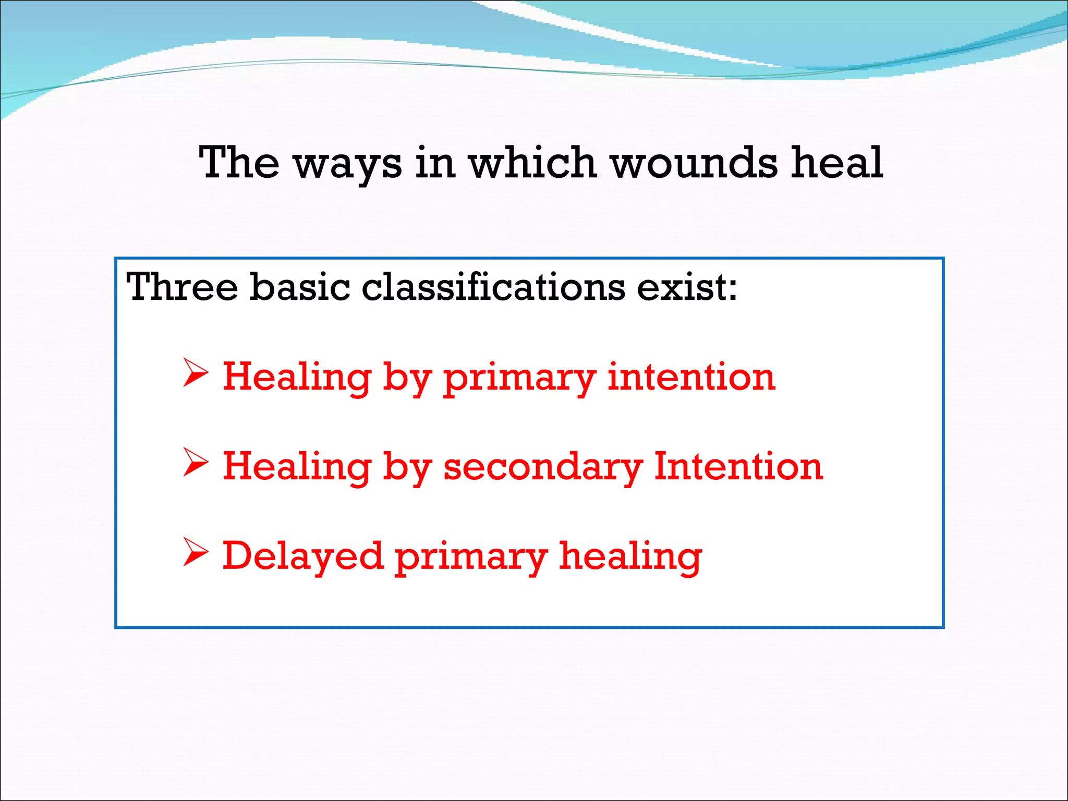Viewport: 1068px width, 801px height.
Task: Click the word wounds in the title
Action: (694, 163)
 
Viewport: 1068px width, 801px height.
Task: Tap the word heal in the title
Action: (836, 163)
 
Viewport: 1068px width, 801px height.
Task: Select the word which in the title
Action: (532, 163)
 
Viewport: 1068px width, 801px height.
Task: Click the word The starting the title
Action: (239, 163)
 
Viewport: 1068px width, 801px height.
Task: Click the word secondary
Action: (543, 466)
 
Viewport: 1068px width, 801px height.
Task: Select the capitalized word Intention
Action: (738, 466)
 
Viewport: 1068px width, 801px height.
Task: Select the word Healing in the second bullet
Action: (297, 467)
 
